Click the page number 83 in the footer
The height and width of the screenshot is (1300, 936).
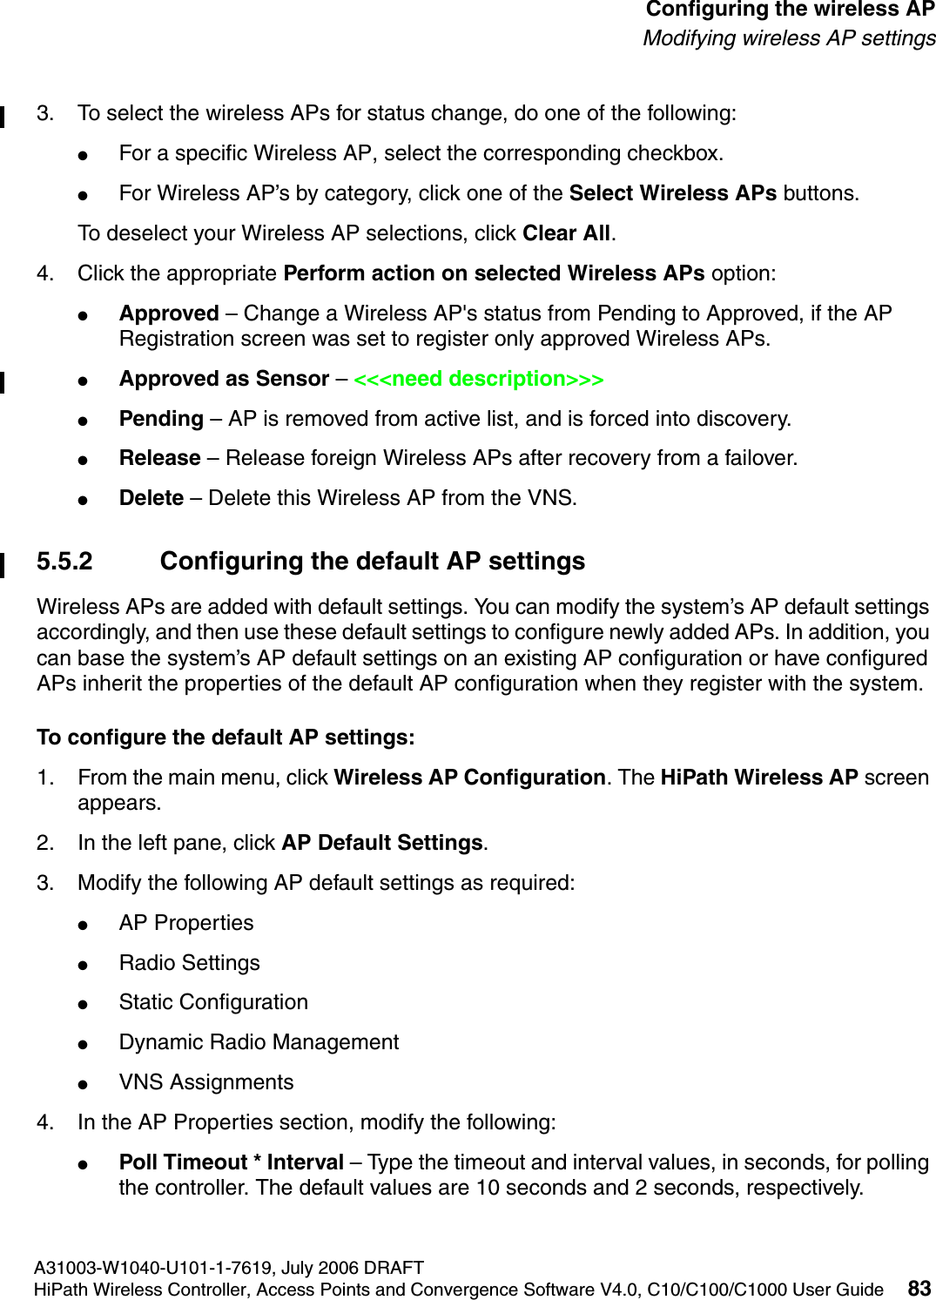pyautogui.click(x=919, y=1288)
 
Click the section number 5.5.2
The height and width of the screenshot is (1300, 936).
pyautogui.click(x=64, y=562)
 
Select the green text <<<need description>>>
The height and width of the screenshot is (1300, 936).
pyautogui.click(x=478, y=380)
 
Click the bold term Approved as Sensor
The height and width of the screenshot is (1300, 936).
pyautogui.click(x=224, y=380)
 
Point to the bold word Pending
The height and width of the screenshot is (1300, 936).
pyautogui.click(x=161, y=419)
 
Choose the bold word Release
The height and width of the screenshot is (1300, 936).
pyautogui.click(x=159, y=458)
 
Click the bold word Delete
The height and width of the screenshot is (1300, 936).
pyautogui.click(x=152, y=498)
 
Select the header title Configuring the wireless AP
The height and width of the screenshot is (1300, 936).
pyautogui.click(x=790, y=10)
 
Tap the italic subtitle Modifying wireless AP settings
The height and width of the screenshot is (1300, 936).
pyautogui.click(x=789, y=38)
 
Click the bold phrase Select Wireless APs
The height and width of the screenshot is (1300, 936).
pyautogui.click(x=672, y=193)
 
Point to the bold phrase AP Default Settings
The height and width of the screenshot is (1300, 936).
pyautogui.click(x=382, y=843)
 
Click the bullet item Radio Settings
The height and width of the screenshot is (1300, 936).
pyautogui.click(x=189, y=963)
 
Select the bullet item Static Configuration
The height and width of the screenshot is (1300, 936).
pyautogui.click(x=213, y=1002)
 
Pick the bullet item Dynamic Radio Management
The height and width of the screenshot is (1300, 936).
pyautogui.click(x=259, y=1042)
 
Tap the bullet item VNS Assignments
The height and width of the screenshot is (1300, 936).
pyautogui.click(x=206, y=1082)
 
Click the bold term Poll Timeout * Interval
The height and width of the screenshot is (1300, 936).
pyautogui.click(x=232, y=1162)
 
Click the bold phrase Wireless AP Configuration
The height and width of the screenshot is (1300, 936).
pyautogui.click(x=469, y=778)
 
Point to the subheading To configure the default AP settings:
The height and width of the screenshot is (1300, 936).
pyautogui.click(x=226, y=738)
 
